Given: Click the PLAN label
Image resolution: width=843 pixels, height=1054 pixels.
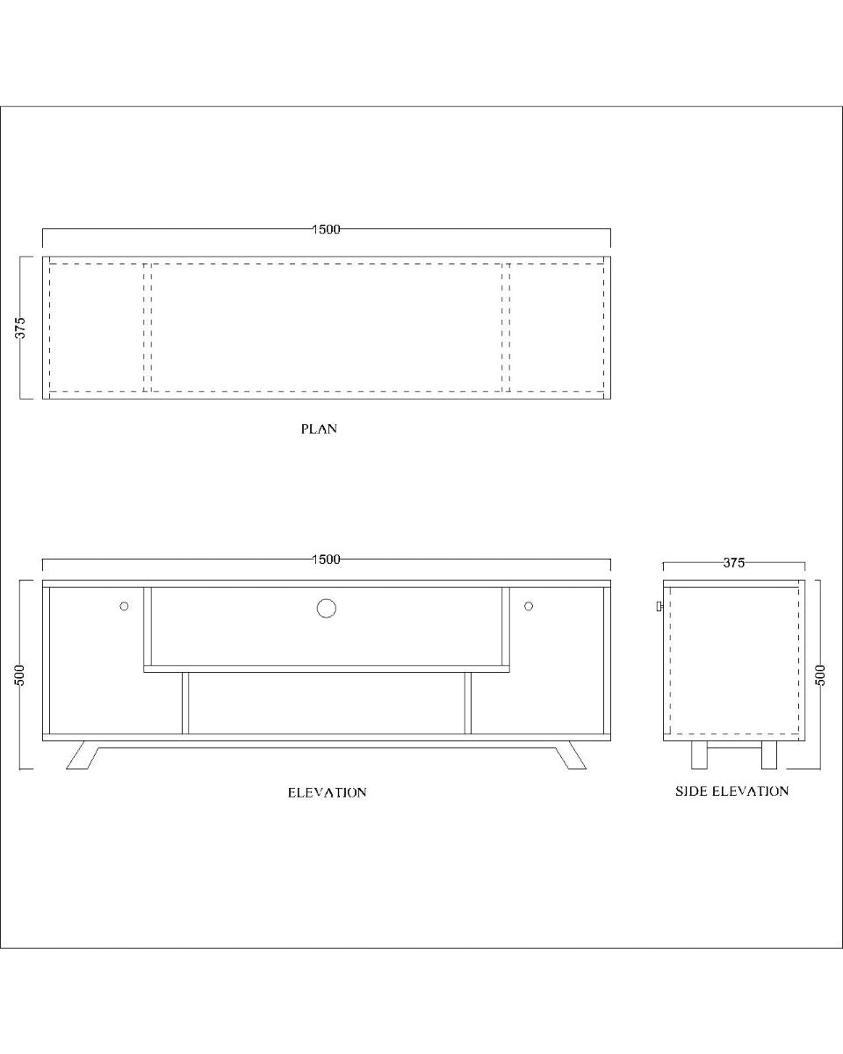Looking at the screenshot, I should click(x=319, y=430).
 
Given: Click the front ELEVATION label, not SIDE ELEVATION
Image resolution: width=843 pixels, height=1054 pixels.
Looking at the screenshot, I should click(x=327, y=792).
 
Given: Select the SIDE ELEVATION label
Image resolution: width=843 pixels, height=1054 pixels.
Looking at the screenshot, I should click(x=731, y=791).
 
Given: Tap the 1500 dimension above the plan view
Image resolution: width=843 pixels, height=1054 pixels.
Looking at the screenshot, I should click(x=326, y=229).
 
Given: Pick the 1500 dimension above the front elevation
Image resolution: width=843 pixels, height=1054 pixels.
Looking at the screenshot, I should click(x=326, y=559).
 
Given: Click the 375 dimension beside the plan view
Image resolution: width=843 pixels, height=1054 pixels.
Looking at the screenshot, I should click(x=21, y=328).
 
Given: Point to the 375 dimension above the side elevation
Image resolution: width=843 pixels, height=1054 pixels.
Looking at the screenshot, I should click(x=734, y=563).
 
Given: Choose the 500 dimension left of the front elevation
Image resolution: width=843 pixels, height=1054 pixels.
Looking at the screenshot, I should click(x=21, y=675).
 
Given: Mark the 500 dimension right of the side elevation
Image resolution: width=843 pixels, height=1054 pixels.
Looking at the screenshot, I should click(x=820, y=675).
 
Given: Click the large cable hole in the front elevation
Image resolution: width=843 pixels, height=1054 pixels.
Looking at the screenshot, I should click(x=326, y=608).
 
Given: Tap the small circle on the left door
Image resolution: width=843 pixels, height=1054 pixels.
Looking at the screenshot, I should click(x=125, y=606).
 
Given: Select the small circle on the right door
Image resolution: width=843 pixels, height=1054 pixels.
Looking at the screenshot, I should click(x=529, y=606).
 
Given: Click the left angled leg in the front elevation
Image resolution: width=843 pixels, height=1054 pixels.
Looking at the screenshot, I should click(x=82, y=755).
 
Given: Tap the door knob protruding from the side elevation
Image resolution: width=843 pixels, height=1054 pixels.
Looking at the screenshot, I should click(x=659, y=606).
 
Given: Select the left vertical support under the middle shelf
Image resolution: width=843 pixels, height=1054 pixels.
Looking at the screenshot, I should click(x=185, y=703).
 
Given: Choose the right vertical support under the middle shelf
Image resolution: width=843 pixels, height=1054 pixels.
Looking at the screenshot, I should click(x=468, y=703).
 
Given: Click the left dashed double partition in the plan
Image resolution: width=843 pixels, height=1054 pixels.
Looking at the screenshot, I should click(x=147, y=327).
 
